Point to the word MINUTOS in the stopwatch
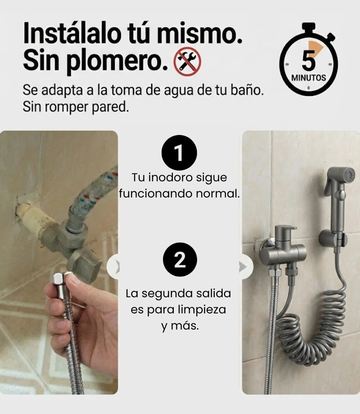(309, 78)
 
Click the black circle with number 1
(179, 153)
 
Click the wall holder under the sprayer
(333, 238)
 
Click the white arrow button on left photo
(113, 267)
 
